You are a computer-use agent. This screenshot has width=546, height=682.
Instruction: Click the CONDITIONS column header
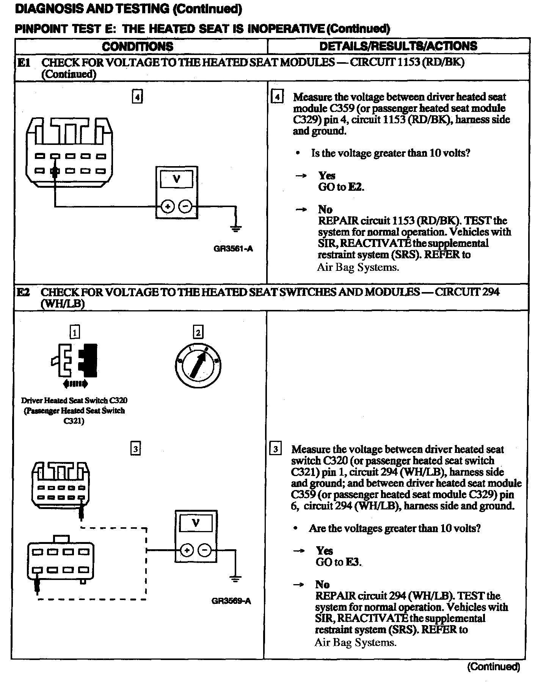pyautogui.click(x=138, y=46)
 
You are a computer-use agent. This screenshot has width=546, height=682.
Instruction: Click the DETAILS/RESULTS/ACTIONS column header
pyautogui.click(x=398, y=46)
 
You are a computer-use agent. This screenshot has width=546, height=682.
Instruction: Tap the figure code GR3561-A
pyautogui.click(x=233, y=249)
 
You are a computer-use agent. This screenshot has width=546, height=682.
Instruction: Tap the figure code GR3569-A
pyautogui.click(x=231, y=601)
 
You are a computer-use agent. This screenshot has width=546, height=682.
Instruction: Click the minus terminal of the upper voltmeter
pyautogui.click(x=185, y=206)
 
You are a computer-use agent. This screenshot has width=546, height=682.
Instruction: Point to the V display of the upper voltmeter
pyautogui.click(x=177, y=179)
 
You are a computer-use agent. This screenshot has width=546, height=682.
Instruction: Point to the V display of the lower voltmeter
pyautogui.click(x=196, y=523)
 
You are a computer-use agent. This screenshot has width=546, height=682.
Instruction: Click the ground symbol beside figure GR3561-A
pyautogui.click(x=236, y=228)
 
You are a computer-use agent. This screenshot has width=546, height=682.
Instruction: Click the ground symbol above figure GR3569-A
pyautogui.click(x=235, y=579)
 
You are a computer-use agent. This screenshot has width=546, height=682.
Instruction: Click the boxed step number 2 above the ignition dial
pyautogui.click(x=198, y=332)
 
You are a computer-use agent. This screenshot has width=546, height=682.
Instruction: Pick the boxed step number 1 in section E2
pyautogui.click(x=75, y=333)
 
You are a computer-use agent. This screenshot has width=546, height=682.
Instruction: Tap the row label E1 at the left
pyautogui.click(x=24, y=63)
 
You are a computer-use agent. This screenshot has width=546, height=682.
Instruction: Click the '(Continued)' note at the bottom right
pyautogui.click(x=493, y=666)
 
